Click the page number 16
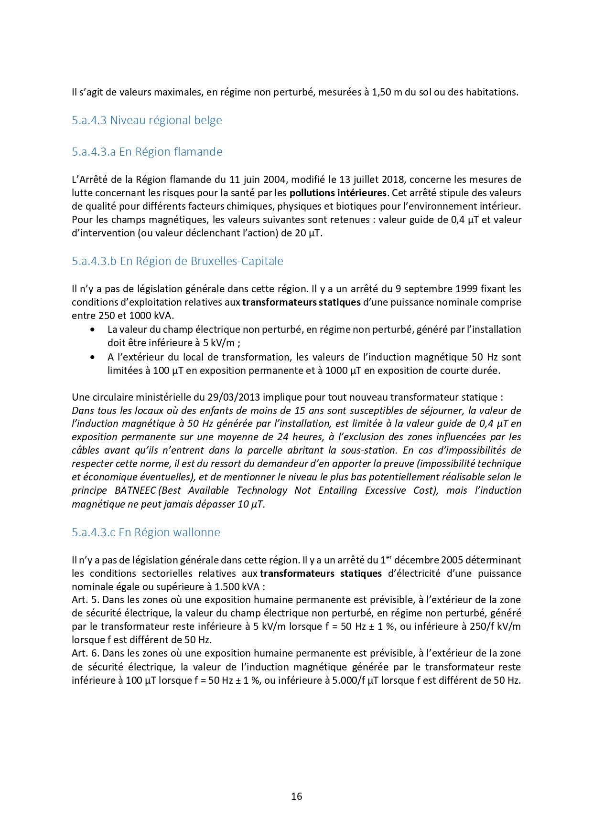[296, 796]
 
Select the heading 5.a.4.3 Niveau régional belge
[147, 120]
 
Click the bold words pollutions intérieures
[338, 193]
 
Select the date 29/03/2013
[234, 397]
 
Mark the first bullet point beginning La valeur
[92, 330]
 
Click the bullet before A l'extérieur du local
[92, 357]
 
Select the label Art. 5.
[86, 600]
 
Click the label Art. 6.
[86, 653]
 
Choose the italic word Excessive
[385, 490]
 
